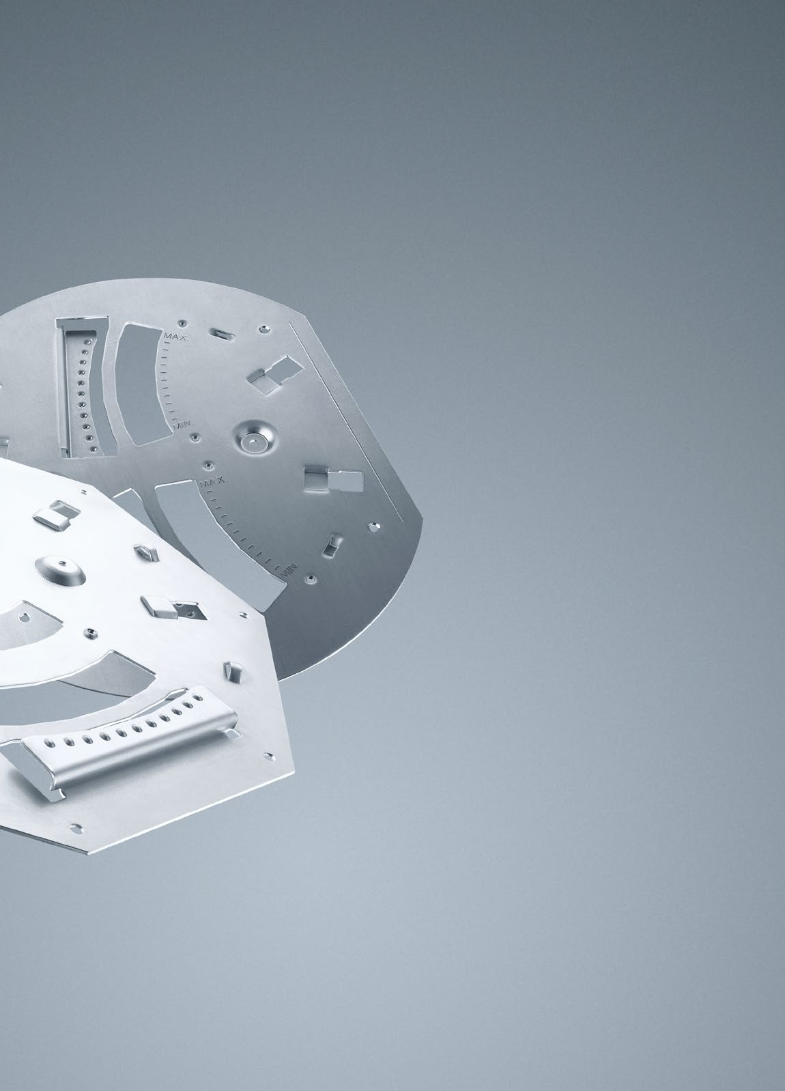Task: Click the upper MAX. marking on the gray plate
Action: click(x=176, y=337)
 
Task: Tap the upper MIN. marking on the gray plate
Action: click(x=183, y=425)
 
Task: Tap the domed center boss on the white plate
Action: click(x=60, y=569)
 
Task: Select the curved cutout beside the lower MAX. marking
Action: click(x=214, y=541)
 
